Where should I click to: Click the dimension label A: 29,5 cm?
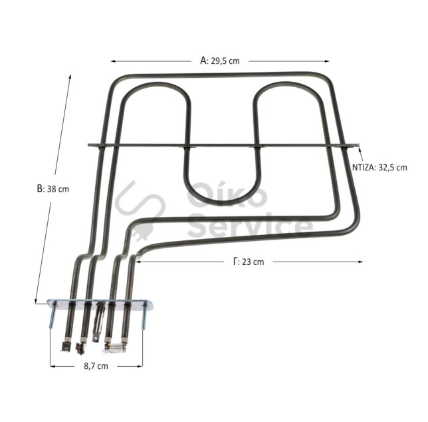pos(220,61)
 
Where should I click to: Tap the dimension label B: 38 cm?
pos(53,189)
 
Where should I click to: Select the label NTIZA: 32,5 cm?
pos(379,167)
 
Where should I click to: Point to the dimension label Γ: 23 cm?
pos(249,262)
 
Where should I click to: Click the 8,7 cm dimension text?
pos(96,366)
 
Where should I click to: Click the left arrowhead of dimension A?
pos(113,61)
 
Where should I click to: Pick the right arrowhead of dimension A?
pos(327,61)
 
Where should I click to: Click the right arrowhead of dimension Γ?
pos(360,262)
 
